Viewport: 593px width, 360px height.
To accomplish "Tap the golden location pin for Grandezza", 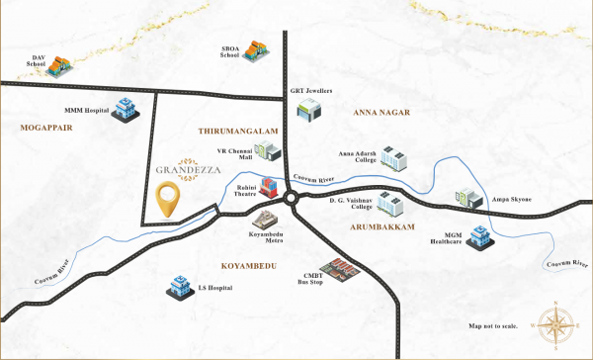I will click(x=169, y=199).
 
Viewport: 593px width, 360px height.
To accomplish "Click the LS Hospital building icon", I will click(x=180, y=288).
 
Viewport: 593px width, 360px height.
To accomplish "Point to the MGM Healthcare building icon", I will click(x=480, y=235).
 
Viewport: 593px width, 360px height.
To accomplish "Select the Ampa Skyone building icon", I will click(x=467, y=199).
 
